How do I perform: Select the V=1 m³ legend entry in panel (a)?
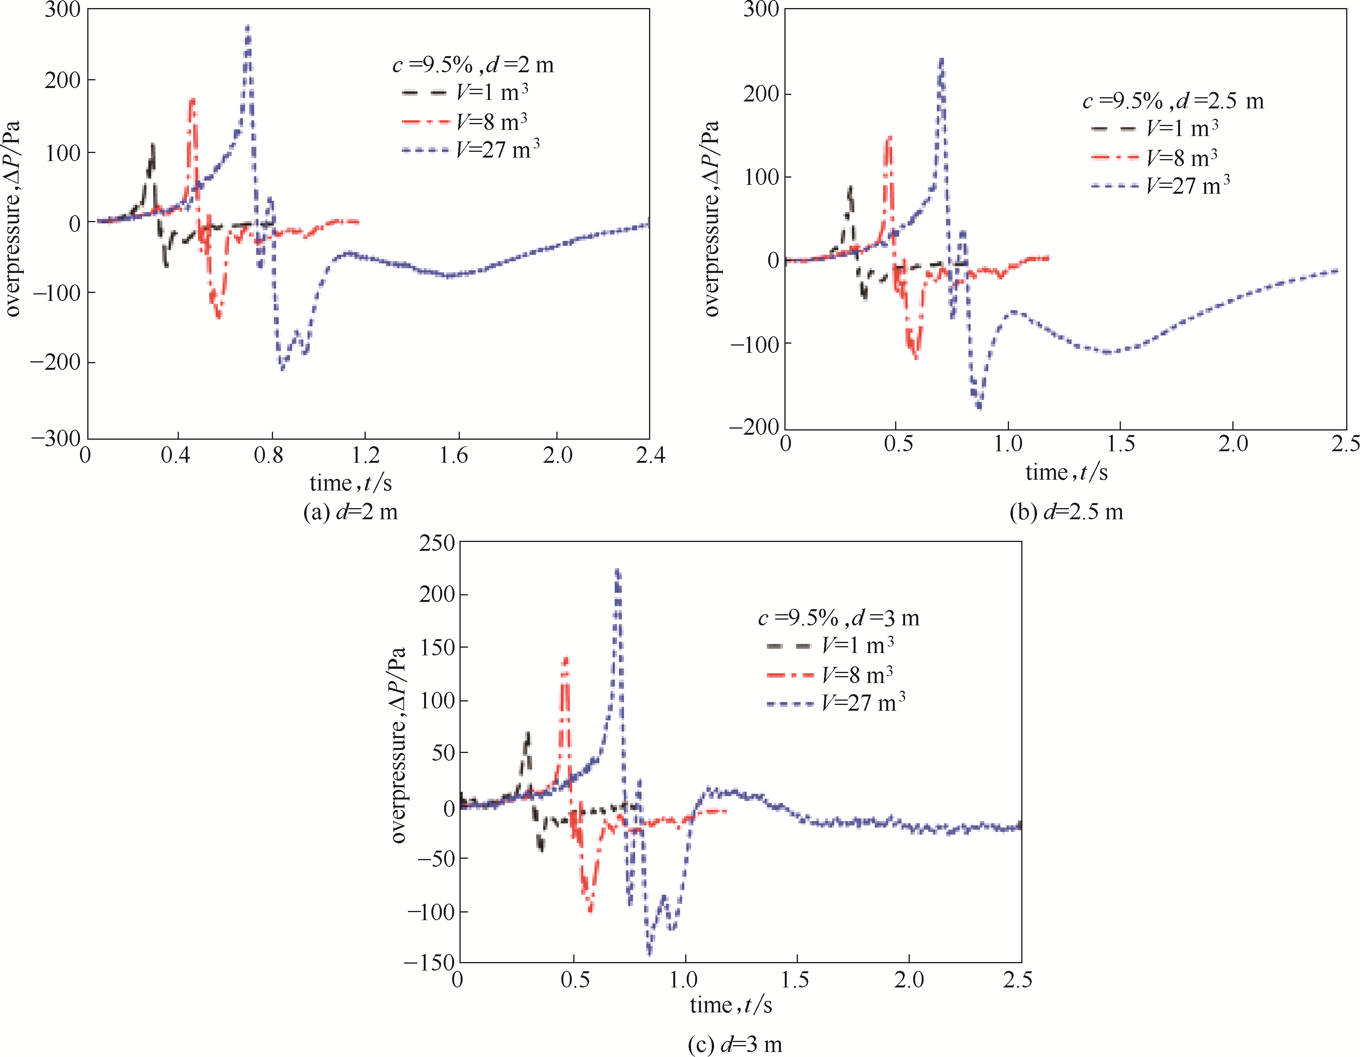(464, 92)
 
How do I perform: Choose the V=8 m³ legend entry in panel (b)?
(1154, 158)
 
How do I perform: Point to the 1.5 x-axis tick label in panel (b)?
(1120, 444)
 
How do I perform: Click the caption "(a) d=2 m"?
(350, 512)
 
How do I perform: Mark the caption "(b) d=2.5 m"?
(1066, 512)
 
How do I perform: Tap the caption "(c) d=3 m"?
(735, 1044)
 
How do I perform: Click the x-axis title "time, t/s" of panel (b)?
(1066, 472)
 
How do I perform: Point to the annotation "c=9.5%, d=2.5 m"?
(1173, 101)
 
